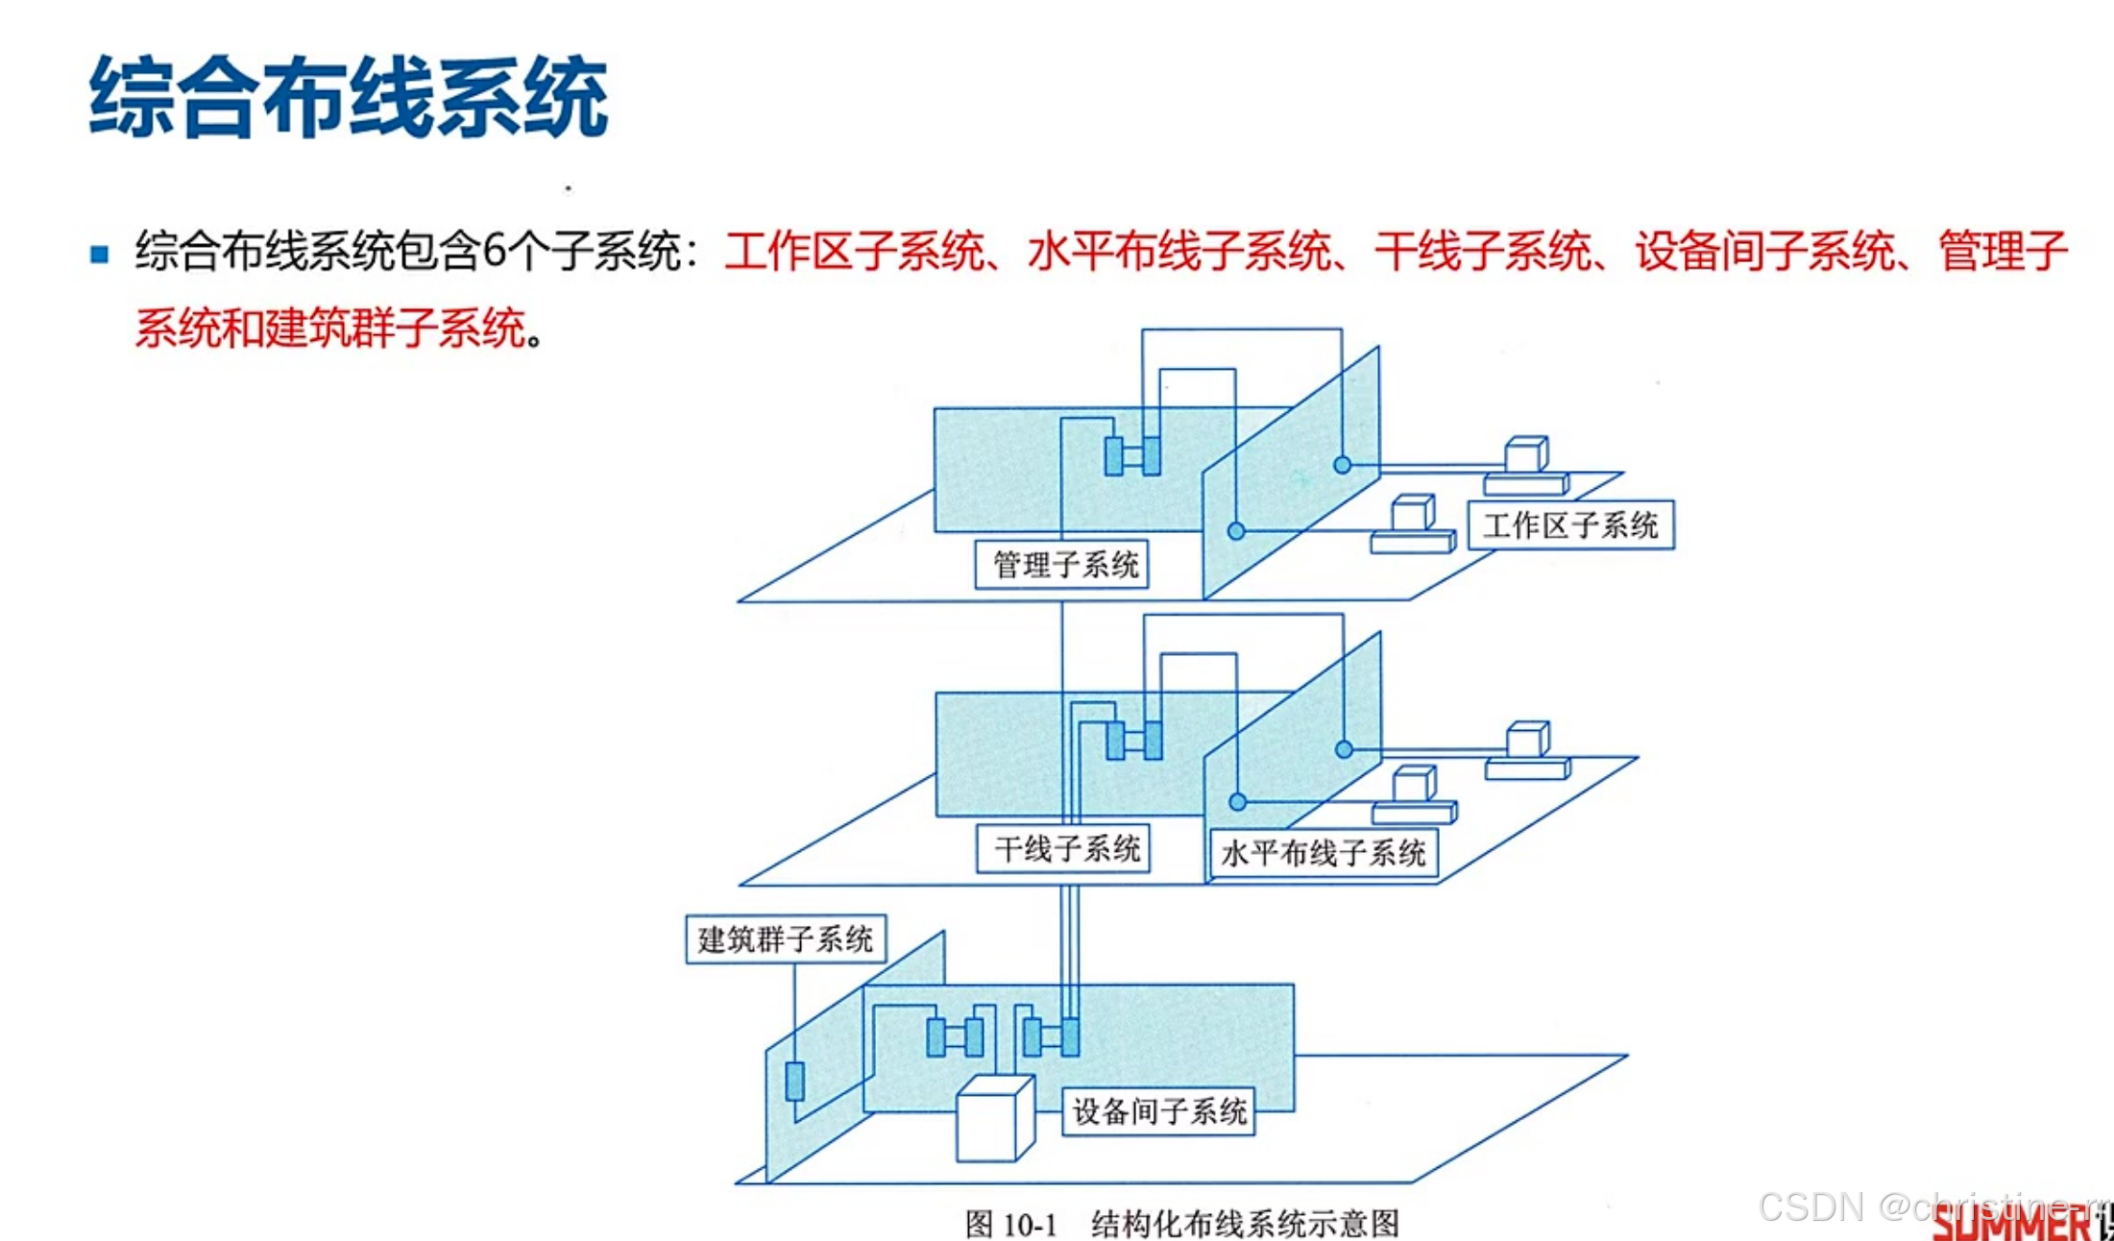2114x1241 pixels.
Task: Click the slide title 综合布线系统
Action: click(348, 97)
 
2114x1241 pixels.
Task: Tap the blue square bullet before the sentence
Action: click(100, 255)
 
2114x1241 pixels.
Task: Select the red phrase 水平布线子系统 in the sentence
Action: click(1178, 252)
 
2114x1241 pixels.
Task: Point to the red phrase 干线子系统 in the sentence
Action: click(1483, 252)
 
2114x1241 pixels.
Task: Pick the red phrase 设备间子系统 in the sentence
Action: click(1765, 252)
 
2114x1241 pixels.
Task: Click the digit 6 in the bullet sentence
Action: click(494, 252)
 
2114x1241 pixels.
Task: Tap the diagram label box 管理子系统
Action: click(1062, 564)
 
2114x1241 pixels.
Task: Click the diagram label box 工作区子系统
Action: click(1570, 525)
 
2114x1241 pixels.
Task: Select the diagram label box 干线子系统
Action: click(1064, 849)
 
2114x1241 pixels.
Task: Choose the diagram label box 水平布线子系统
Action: click(1323, 853)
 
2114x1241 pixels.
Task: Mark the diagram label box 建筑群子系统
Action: click(786, 938)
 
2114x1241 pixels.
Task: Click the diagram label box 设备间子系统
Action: click(1158, 1111)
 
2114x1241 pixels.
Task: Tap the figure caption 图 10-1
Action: click(1010, 1225)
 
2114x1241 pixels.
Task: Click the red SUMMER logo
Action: click(2012, 1223)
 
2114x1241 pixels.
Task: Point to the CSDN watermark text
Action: click(1811, 1206)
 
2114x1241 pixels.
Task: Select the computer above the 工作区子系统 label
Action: click(1525, 466)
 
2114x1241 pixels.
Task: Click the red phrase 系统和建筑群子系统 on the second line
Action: click(330, 328)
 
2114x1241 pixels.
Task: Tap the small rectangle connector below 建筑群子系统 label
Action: click(795, 1081)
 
